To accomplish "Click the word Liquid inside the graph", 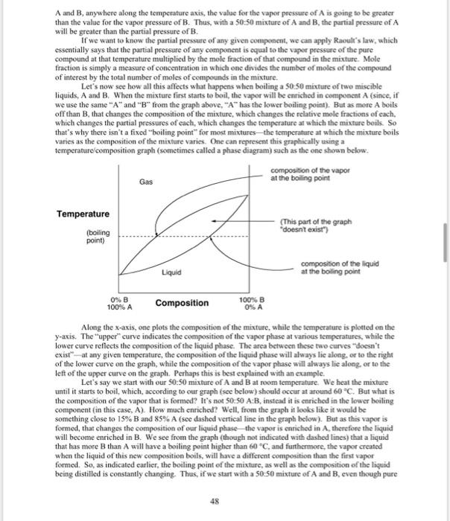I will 171,273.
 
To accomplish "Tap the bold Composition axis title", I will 182,303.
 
